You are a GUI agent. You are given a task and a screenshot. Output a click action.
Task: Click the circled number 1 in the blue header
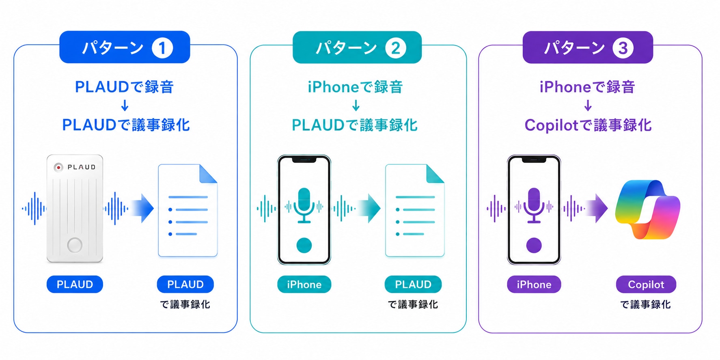(x=162, y=48)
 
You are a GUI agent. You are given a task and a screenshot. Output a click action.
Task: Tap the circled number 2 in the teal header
(x=395, y=48)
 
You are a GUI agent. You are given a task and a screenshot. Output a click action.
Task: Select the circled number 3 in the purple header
(x=623, y=48)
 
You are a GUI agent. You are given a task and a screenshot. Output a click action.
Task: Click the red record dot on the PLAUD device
(x=58, y=167)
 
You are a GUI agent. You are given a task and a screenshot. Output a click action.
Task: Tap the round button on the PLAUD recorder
(x=75, y=245)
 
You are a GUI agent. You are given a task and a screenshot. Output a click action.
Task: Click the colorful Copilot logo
(x=647, y=209)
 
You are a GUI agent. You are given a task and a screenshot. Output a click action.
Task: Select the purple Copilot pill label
(x=646, y=285)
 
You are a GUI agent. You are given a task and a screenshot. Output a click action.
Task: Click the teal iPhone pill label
(x=304, y=285)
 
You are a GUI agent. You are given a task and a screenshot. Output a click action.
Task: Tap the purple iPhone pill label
(x=534, y=285)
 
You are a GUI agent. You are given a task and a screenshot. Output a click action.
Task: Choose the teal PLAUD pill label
(x=413, y=285)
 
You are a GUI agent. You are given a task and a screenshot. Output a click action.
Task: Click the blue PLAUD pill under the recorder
(x=75, y=284)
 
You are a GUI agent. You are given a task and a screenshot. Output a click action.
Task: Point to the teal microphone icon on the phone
(x=304, y=205)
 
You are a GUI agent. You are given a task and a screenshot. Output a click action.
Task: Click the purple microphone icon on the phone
(x=534, y=205)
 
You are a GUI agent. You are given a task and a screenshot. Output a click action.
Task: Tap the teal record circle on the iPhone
(x=304, y=245)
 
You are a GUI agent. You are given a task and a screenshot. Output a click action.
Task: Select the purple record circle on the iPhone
(x=534, y=245)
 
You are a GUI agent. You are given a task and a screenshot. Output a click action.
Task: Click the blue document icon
(x=188, y=210)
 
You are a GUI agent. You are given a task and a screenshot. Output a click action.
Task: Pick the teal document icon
(x=415, y=210)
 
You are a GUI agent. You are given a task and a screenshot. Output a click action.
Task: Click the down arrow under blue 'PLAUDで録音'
(x=125, y=106)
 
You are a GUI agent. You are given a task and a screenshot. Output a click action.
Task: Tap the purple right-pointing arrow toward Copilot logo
(x=596, y=208)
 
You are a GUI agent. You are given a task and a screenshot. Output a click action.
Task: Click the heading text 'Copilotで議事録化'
(x=588, y=125)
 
